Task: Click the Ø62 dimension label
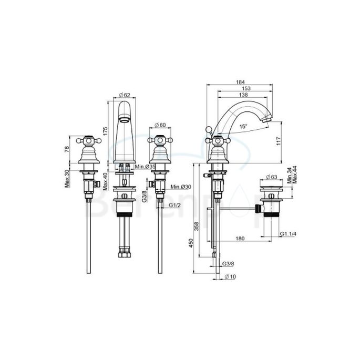[125, 95]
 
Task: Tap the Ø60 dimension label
[160, 125]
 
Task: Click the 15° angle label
[242, 127]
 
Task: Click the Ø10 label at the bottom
[229, 277]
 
